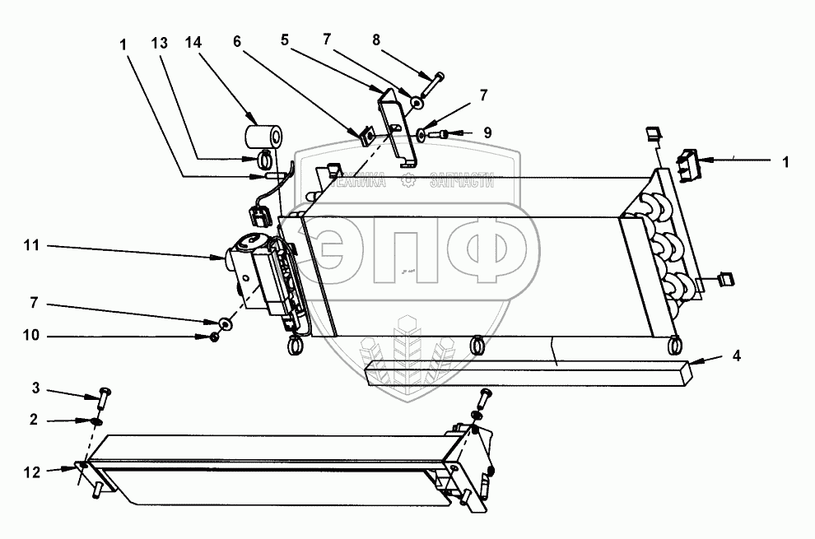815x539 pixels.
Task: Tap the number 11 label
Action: tap(30, 245)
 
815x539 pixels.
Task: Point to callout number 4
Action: tap(737, 356)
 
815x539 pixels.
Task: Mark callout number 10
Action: tap(30, 336)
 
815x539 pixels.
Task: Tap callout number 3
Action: tap(35, 388)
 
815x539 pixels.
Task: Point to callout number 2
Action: tap(34, 420)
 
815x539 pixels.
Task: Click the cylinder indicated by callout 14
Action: tap(266, 134)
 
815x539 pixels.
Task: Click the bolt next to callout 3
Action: tap(104, 399)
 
